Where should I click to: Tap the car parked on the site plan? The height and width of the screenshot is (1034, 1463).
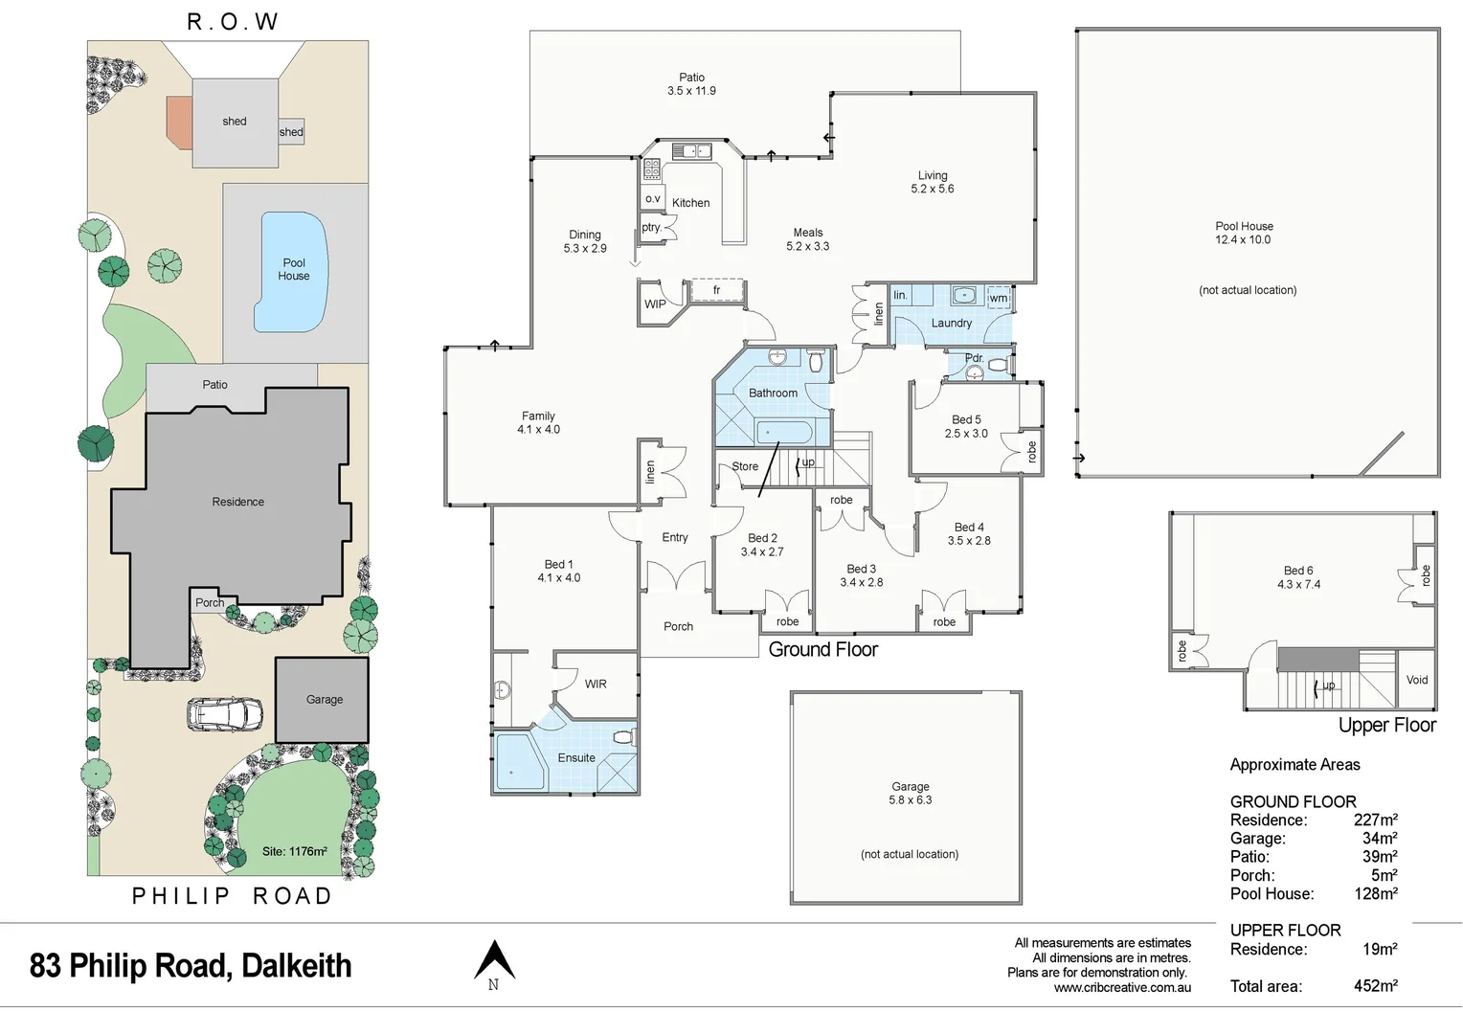(225, 713)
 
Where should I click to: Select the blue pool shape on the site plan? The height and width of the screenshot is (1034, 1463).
(293, 271)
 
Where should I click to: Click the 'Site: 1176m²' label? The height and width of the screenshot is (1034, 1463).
(295, 851)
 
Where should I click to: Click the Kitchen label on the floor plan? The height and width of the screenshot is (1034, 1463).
(690, 203)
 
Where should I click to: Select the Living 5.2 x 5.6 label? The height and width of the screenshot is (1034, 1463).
(932, 182)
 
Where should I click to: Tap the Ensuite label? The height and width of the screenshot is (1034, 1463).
(576, 757)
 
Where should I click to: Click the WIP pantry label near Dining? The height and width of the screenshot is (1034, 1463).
(655, 304)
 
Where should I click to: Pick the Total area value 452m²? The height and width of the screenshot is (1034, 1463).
(1375, 986)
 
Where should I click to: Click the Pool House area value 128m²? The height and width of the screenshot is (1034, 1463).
(1375, 893)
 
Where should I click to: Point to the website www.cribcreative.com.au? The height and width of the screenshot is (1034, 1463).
(1122, 988)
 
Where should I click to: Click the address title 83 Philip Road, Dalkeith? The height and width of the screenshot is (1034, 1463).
(191, 965)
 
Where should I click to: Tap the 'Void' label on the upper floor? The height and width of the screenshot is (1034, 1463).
(1417, 680)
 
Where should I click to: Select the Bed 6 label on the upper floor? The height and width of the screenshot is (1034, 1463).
(1298, 576)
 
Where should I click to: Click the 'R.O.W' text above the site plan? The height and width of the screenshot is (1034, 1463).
(232, 21)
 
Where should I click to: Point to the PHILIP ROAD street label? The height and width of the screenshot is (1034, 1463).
(232, 896)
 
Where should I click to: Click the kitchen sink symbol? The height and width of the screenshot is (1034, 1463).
(690, 150)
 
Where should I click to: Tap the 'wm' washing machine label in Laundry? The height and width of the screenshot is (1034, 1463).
(998, 298)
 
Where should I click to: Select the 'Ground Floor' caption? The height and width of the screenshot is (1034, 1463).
(822, 649)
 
